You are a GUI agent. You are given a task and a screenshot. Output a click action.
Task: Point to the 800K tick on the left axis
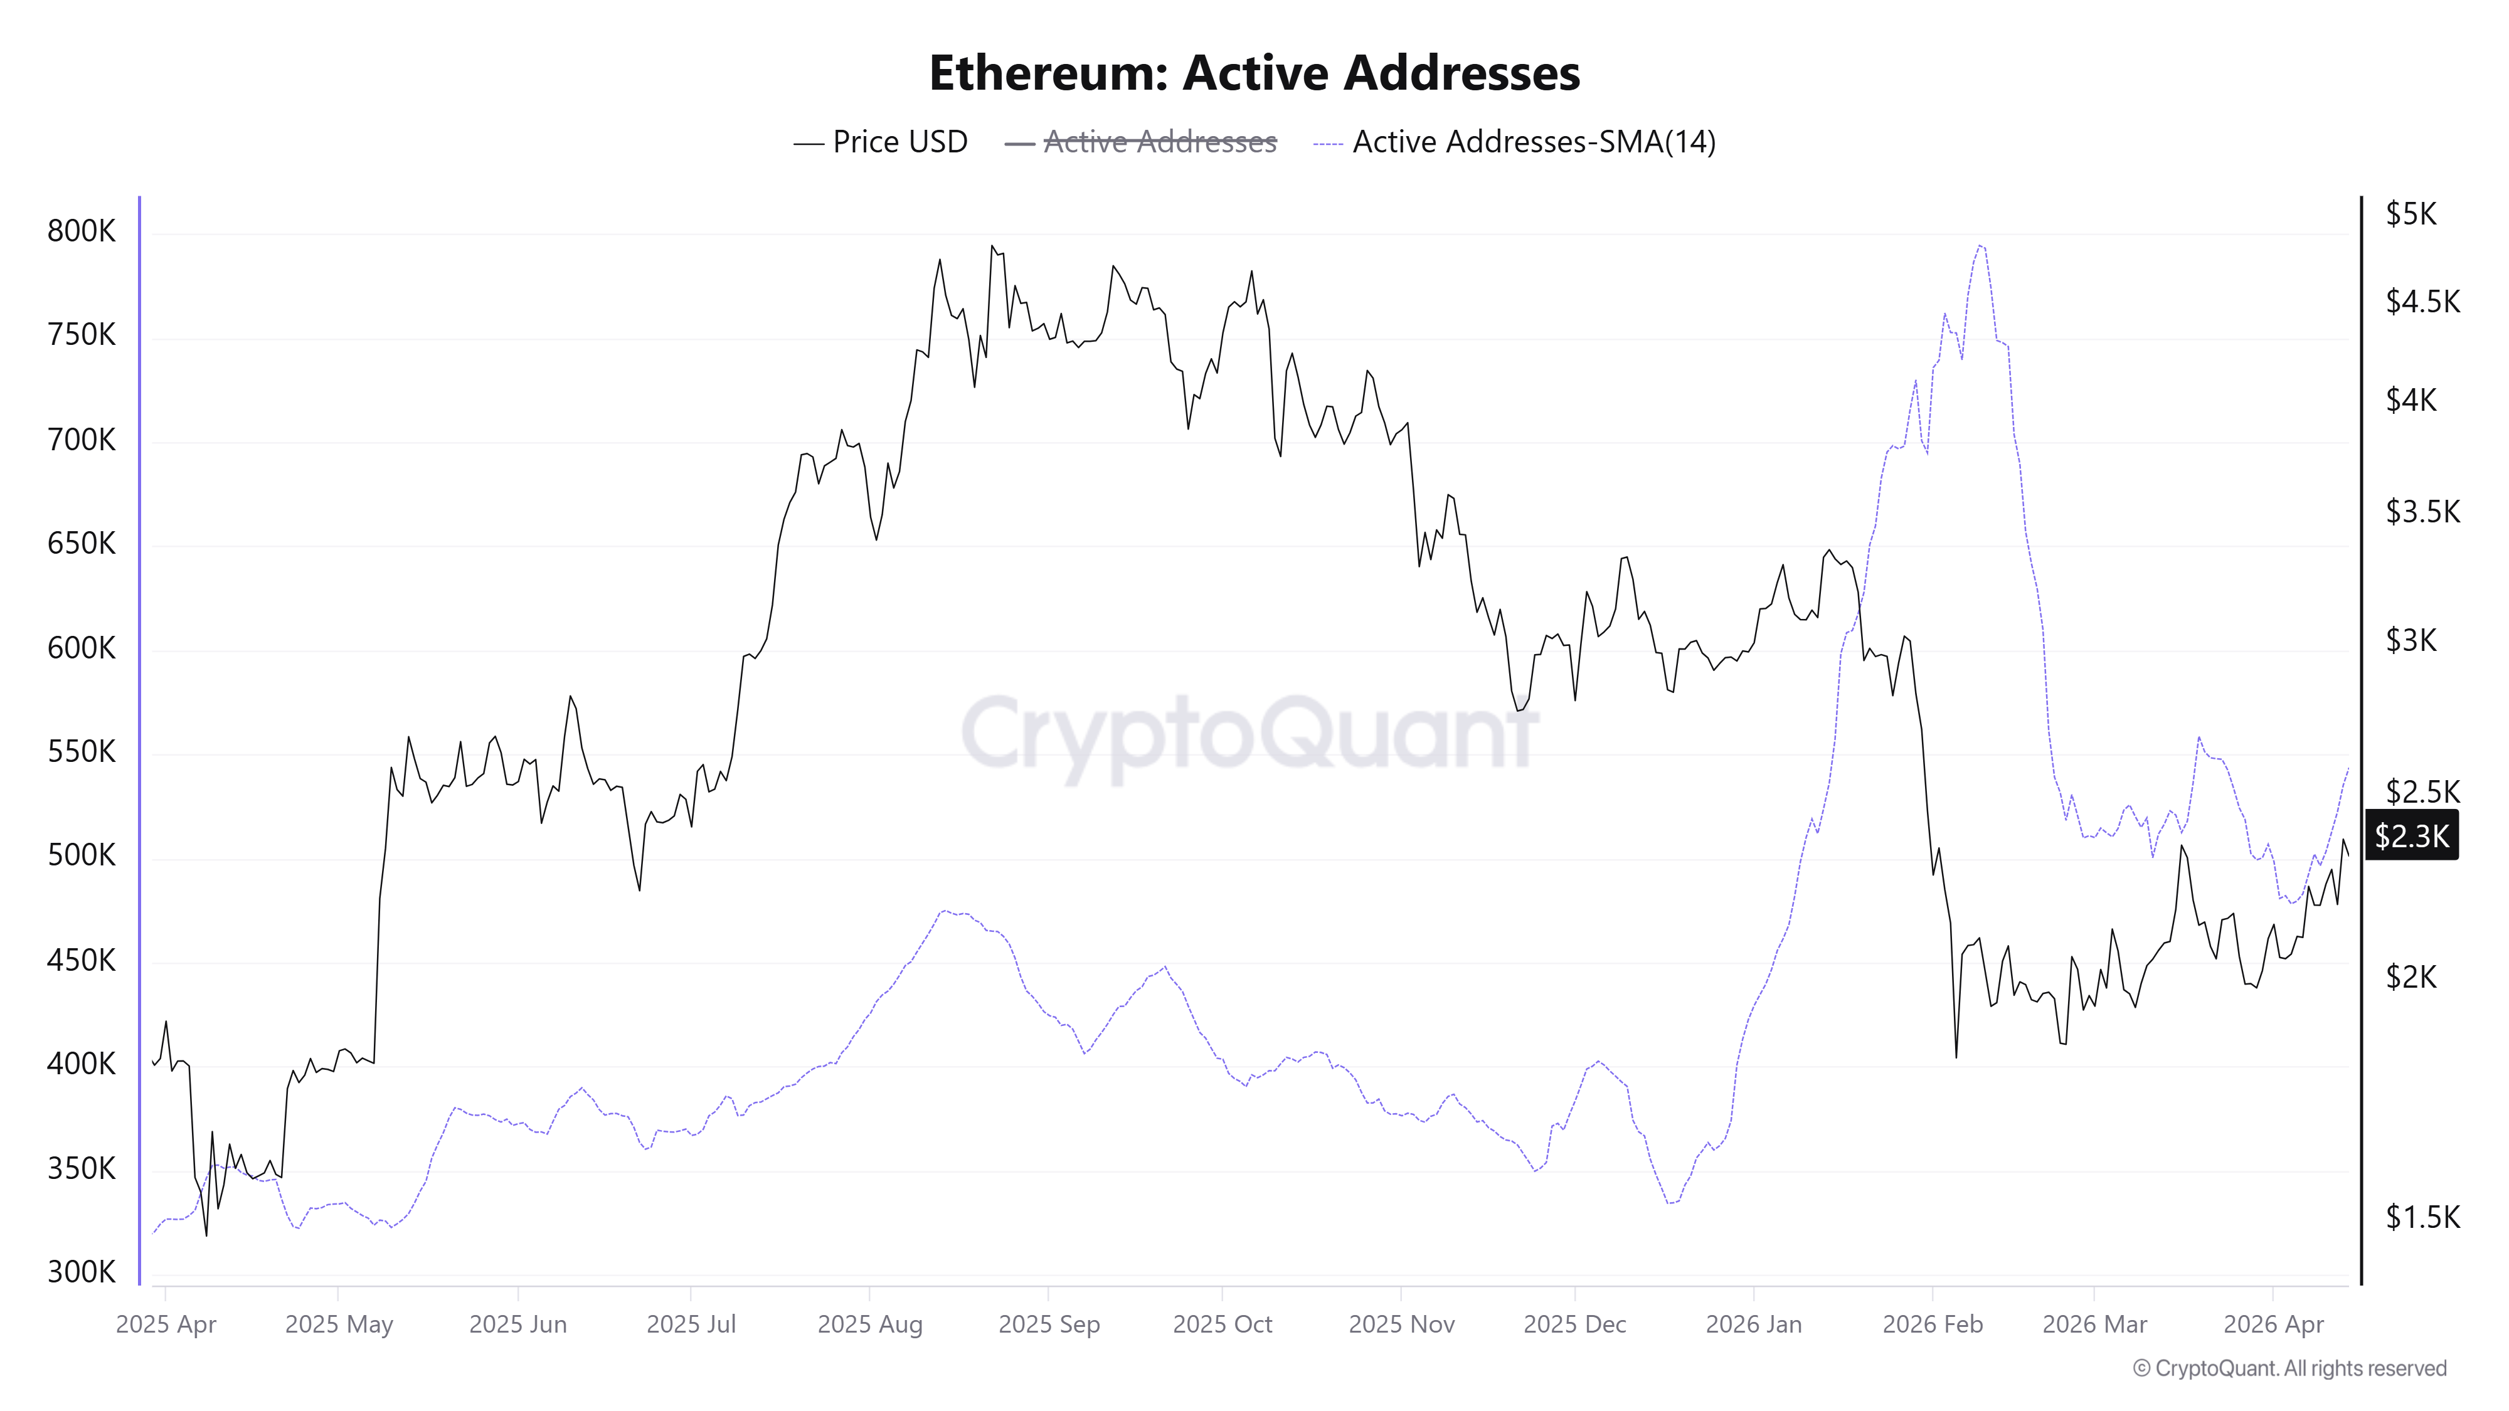(x=81, y=232)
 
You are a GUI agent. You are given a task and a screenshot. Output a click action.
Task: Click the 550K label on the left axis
(x=81, y=753)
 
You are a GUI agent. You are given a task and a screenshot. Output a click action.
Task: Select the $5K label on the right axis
(x=2411, y=214)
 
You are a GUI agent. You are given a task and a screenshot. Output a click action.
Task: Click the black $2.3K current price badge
(x=2412, y=835)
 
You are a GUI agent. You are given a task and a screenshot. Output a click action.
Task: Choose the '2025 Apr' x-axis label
(x=166, y=1324)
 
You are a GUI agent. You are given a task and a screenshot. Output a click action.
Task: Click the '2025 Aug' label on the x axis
(x=870, y=1324)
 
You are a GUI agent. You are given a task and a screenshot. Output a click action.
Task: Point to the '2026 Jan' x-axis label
(x=1753, y=1324)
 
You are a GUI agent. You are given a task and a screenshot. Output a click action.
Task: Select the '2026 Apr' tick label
(x=2273, y=1324)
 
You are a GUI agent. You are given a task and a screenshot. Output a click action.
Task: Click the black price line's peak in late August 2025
(x=992, y=246)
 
